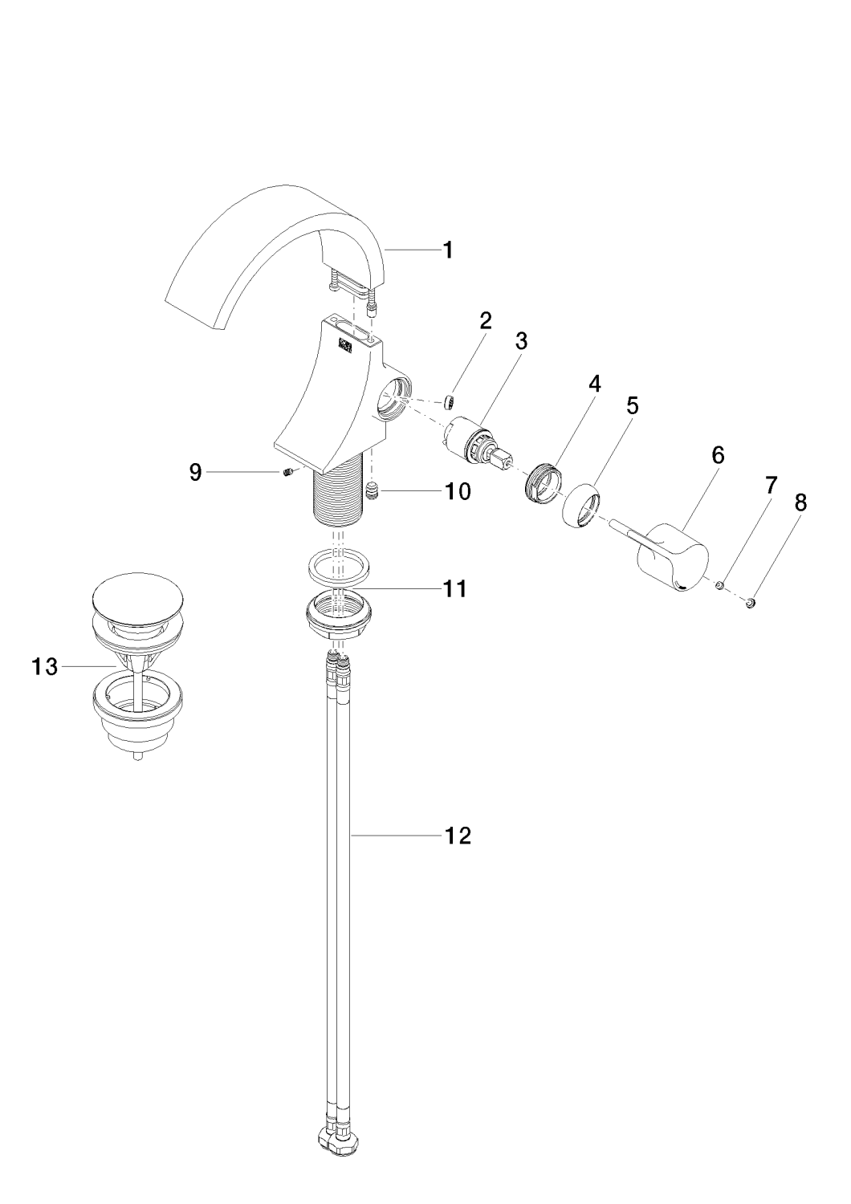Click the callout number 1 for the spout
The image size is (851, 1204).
coord(448,250)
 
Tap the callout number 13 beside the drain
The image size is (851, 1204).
coord(46,666)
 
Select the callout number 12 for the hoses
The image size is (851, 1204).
coord(458,836)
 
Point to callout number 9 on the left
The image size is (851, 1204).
coord(196,473)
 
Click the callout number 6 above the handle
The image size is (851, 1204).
coord(717,456)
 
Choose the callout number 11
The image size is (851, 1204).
coord(455,588)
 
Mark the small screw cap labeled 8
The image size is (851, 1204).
coord(751,601)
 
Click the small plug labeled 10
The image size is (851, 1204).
coord(372,490)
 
